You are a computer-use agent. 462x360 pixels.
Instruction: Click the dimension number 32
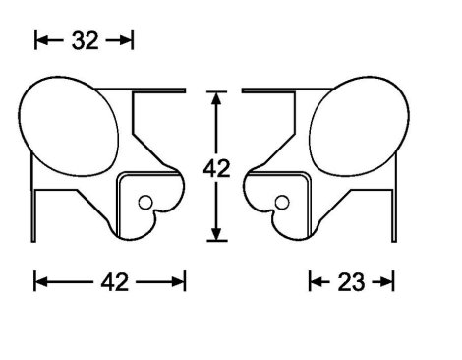(85, 41)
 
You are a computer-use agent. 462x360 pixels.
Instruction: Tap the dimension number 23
(351, 282)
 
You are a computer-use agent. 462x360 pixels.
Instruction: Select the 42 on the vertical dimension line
(216, 169)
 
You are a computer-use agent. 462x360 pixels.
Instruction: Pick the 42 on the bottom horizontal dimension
(114, 282)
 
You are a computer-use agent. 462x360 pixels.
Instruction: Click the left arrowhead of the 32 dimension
(41, 40)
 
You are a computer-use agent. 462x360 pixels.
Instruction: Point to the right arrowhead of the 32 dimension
(126, 40)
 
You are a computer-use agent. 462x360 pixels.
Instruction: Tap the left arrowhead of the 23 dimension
(316, 281)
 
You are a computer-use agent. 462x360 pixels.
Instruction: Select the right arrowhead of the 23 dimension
(386, 281)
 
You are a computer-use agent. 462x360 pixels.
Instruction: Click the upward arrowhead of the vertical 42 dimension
(216, 98)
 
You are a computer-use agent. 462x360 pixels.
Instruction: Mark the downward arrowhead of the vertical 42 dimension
(216, 234)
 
